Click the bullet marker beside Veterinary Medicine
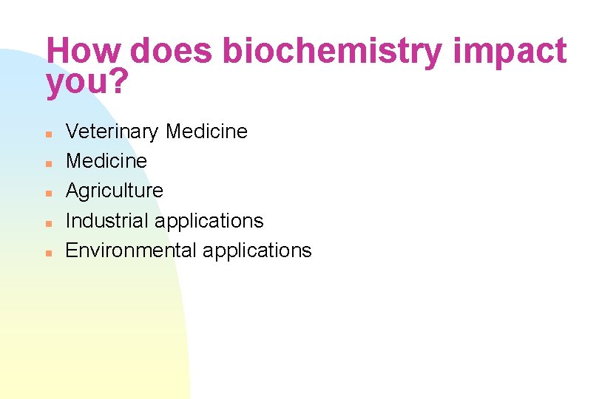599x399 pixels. (47, 134)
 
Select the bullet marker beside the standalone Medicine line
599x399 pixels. (47, 163)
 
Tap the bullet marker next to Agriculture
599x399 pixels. (47, 193)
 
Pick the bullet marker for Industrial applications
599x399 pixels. (47, 222)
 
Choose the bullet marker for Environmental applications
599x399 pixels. (47, 252)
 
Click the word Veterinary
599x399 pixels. (112, 132)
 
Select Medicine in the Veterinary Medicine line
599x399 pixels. (206, 132)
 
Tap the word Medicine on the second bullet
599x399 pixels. (106, 161)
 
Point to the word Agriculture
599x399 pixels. (115, 191)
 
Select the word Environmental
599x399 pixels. (131, 250)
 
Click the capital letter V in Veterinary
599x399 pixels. (72, 132)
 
